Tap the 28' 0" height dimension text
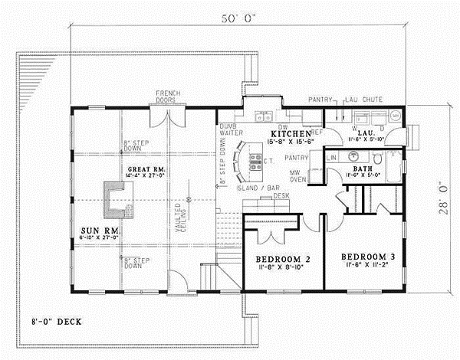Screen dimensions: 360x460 pyautogui.click(x=445, y=198)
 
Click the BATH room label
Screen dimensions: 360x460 pyautogui.click(x=362, y=168)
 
